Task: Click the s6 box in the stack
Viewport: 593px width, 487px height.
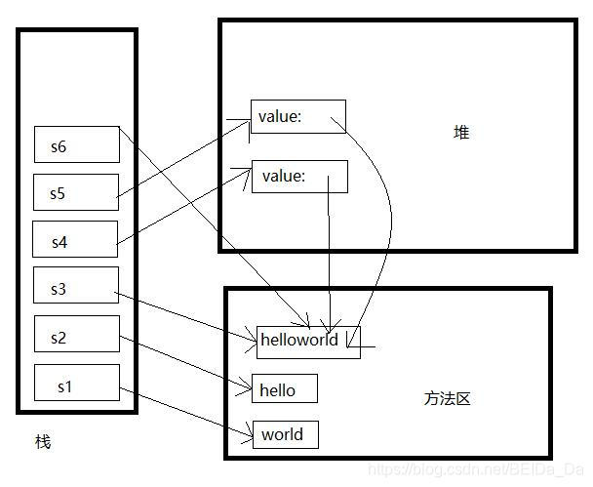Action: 76,144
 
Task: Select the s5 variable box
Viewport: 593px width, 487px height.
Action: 76,192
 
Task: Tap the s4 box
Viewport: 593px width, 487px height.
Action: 75,239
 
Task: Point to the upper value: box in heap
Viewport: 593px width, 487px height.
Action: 297,117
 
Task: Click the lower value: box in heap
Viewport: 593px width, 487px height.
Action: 299,177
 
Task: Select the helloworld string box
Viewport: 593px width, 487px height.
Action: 307,341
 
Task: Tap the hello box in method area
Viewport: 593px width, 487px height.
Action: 285,389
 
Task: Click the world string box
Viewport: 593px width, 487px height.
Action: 285,434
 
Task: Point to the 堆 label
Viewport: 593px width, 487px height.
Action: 461,132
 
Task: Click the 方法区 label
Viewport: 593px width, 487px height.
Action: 448,399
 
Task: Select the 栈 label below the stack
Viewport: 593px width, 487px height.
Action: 42,442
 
